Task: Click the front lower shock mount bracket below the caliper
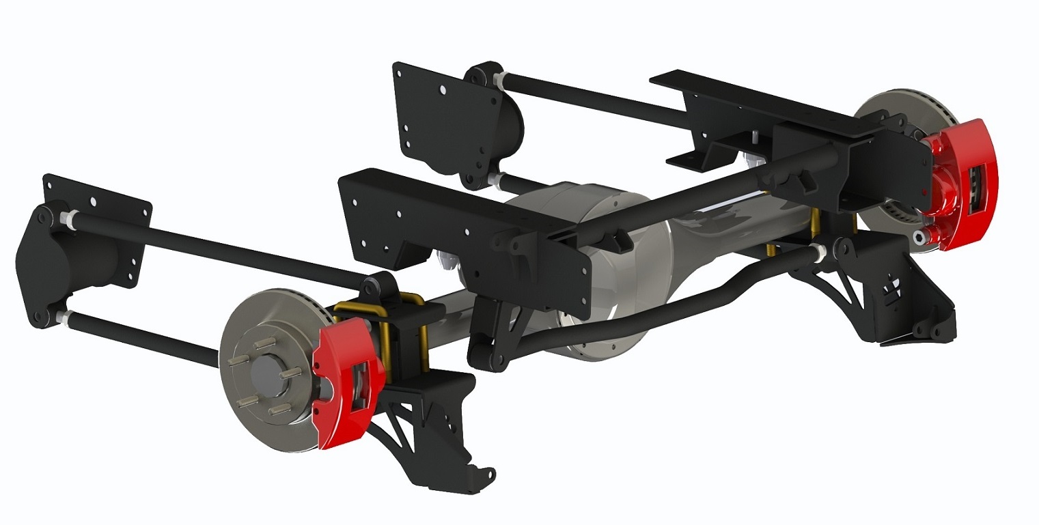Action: tap(430, 423)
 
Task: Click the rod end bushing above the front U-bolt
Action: tap(377, 287)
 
